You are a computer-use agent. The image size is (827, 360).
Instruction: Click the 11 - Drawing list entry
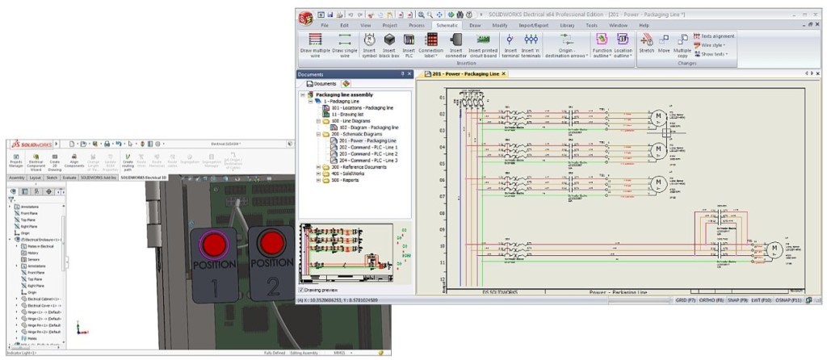pyautogui.click(x=346, y=114)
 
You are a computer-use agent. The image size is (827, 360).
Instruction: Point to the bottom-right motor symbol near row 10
pyautogui.click(x=774, y=247)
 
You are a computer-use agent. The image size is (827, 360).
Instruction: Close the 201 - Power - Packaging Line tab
pyautogui.click(x=504, y=73)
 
